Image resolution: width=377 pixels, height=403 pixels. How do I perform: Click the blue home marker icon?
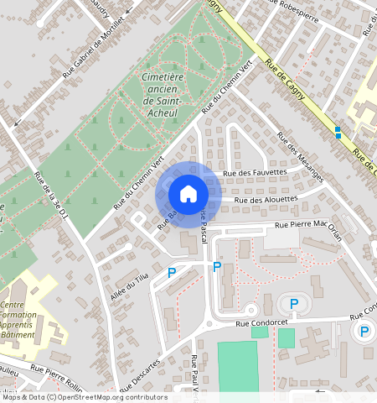click(x=188, y=194)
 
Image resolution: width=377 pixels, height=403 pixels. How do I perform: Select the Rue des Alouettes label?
click(x=266, y=200)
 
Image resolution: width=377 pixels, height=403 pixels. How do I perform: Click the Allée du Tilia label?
click(x=129, y=286)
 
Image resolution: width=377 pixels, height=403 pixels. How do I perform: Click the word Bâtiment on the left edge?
click(x=18, y=334)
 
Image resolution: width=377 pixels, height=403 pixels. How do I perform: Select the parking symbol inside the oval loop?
click(x=293, y=304)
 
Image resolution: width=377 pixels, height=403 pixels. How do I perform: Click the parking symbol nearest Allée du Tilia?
click(x=172, y=272)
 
